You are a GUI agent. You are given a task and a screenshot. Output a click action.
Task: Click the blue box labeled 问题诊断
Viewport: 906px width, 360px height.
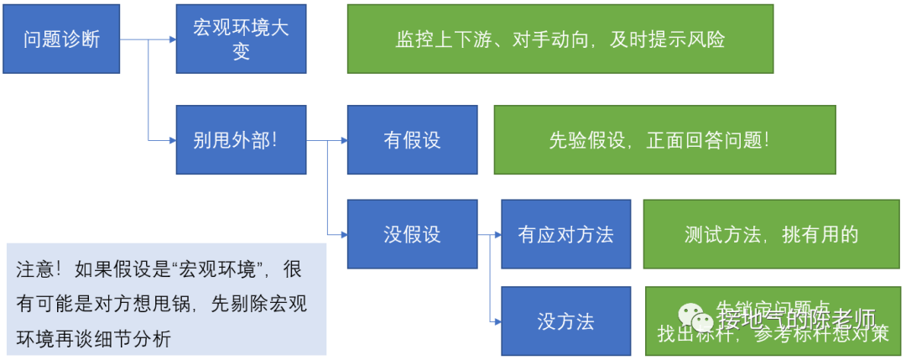pos(61,39)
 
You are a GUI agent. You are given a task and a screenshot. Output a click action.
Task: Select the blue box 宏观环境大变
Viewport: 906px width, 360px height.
pos(241,39)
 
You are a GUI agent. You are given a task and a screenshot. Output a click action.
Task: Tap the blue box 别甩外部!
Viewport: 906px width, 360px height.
pos(241,139)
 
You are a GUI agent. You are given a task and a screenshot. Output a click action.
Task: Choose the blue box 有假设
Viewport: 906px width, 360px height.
pos(412,139)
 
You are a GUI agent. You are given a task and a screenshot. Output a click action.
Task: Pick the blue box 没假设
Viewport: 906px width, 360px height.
pos(412,234)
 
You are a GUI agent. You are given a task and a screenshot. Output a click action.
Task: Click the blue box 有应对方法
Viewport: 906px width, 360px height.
pos(565,234)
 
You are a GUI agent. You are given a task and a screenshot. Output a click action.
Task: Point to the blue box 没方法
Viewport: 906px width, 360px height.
pos(565,321)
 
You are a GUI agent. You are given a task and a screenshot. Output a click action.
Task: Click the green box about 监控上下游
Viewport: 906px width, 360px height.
pos(560,39)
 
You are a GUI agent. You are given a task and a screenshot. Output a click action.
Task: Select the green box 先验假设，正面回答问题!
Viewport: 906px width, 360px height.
pos(664,139)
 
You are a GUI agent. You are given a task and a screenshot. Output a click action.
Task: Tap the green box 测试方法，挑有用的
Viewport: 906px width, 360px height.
pos(771,234)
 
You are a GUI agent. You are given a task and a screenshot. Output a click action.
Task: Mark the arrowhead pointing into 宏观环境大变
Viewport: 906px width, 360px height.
pos(170,39)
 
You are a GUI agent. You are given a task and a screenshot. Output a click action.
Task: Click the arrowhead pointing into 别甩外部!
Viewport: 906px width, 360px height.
pos(170,139)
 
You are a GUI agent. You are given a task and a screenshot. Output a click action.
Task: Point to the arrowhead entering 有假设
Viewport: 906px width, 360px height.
pos(342,140)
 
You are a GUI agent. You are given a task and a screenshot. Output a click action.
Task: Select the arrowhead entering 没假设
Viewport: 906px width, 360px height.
pos(342,234)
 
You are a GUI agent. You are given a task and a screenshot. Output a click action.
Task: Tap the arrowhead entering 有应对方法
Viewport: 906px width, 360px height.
pos(496,235)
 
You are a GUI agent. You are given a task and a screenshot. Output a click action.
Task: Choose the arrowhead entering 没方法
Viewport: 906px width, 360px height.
pos(496,321)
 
